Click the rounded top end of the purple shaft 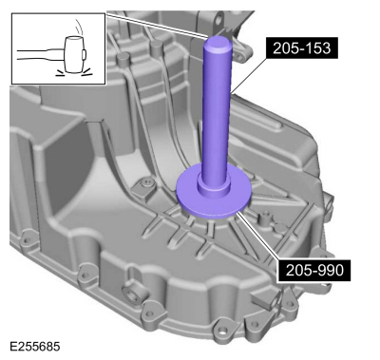click(216, 43)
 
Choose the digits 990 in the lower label click(329, 270)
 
